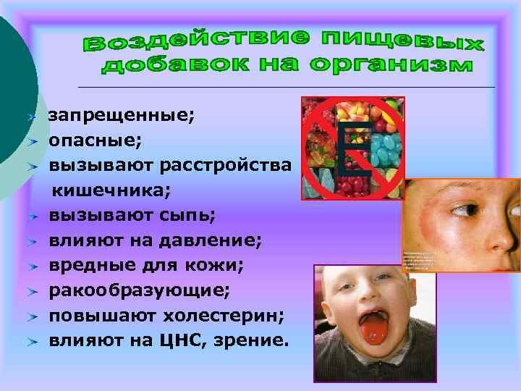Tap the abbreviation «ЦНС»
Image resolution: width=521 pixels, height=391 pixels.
190,340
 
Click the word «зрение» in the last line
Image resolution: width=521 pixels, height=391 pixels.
250,340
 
